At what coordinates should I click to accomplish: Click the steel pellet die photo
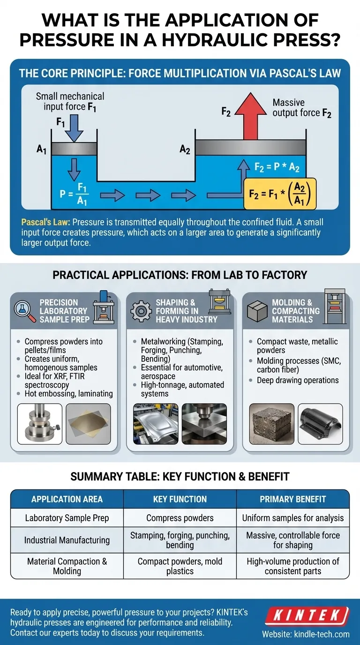click(x=39, y=423)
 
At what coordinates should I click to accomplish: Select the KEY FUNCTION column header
click(x=180, y=499)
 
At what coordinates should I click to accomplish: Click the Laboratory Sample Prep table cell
click(x=67, y=518)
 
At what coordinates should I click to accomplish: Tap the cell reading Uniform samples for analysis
click(x=293, y=518)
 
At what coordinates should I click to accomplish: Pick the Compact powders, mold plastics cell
click(x=180, y=566)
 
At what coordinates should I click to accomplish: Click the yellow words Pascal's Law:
click(x=46, y=222)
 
